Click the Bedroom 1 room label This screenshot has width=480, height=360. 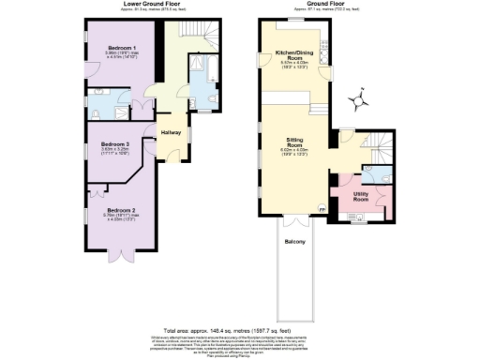click(122, 47)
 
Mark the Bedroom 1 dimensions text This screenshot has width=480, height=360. click(122, 56)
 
